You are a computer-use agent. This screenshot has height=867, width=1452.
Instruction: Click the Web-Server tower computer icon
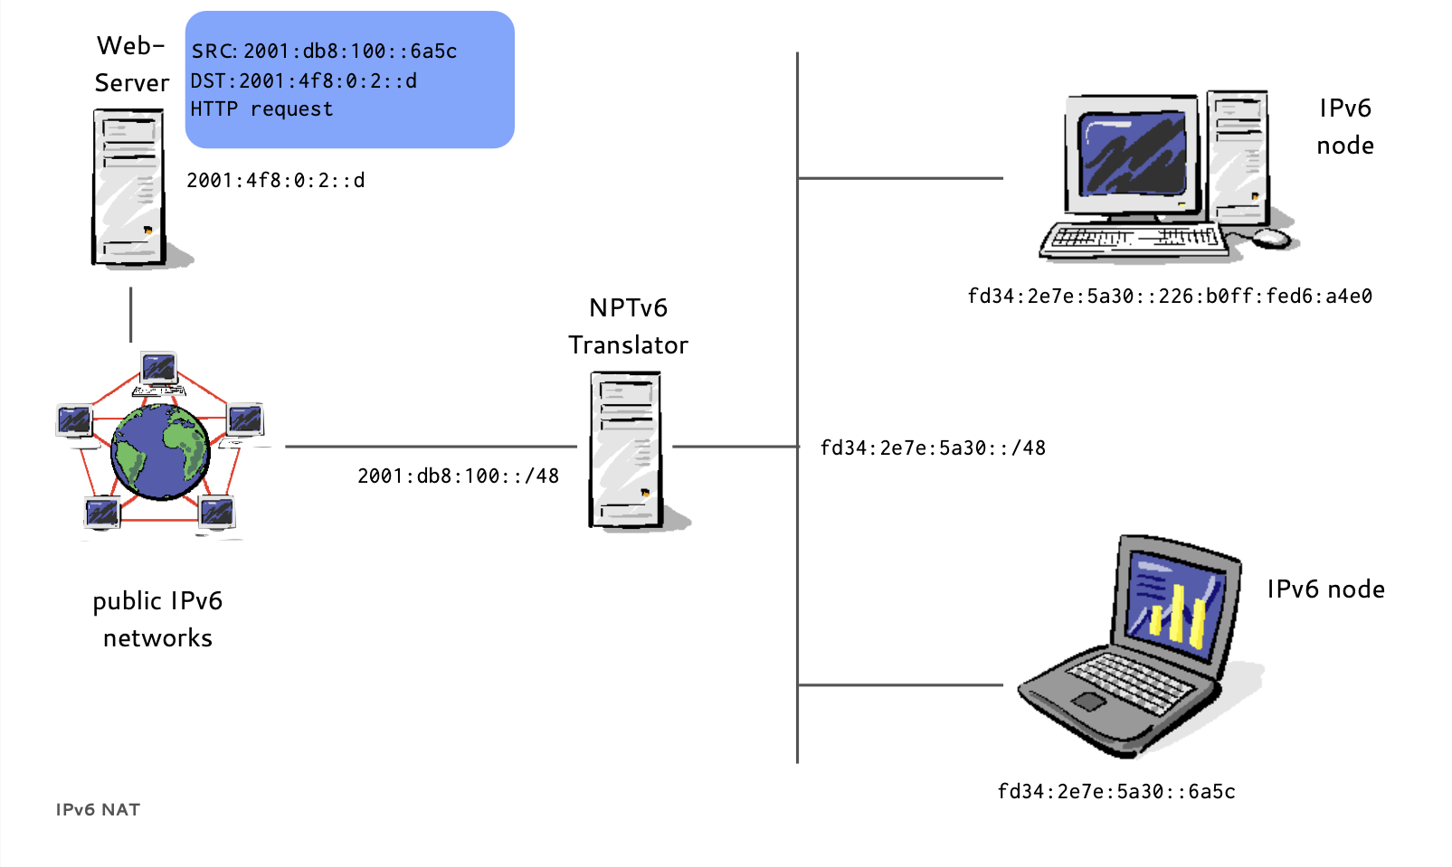coord(128,187)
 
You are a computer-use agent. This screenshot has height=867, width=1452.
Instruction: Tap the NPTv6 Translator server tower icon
coord(626,449)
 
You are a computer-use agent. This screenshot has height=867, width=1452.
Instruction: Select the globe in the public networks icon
coord(160,451)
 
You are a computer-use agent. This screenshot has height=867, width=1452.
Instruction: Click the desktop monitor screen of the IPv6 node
coord(1134,155)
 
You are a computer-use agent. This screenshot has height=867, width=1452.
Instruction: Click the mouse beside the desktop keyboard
coord(1272,238)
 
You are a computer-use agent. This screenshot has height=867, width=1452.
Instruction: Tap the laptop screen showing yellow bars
coord(1175,603)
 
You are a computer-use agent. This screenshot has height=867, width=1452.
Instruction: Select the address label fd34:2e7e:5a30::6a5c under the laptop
coord(1115,792)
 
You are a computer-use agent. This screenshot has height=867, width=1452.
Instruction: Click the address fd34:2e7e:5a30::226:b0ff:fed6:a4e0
coord(1170,297)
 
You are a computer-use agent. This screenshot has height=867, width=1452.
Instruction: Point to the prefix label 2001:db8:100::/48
coord(458,476)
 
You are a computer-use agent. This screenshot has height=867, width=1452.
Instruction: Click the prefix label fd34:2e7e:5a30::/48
coord(933,448)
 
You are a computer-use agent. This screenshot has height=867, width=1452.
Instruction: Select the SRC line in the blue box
coord(324,52)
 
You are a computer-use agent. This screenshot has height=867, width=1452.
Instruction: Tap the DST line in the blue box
coord(304,81)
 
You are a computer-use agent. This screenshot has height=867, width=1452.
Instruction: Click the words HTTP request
coord(261,109)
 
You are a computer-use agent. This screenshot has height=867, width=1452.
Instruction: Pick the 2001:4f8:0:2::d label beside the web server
coord(276,181)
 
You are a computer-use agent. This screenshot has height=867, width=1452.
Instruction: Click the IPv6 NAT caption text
coord(98,810)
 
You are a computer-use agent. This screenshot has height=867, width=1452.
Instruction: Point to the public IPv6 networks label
coord(157,619)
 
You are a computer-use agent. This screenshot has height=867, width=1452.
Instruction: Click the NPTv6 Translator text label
coord(628,326)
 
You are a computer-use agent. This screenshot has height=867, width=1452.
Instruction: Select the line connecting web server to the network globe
coord(131,315)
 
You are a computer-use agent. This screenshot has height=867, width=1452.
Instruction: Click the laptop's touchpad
coord(1089,702)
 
